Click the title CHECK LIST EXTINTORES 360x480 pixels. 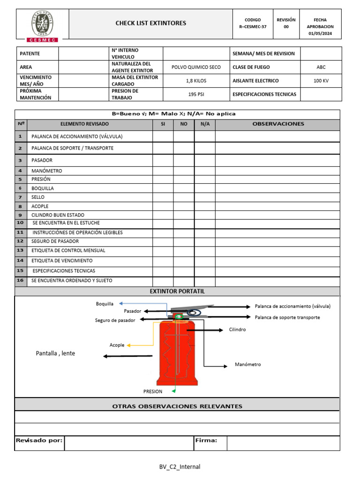coord(150,23)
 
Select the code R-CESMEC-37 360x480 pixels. coord(252,27)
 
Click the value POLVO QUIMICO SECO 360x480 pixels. coord(196,67)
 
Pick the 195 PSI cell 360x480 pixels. coord(196,94)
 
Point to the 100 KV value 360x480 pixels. coord(321,81)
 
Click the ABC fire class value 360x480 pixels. coord(321,67)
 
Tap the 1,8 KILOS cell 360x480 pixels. coord(196,81)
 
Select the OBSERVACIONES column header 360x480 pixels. coord(278,124)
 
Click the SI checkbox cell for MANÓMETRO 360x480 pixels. coord(163,171)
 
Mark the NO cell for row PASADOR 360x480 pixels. coord(184,160)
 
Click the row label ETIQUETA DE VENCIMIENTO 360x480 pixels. coord(62,261)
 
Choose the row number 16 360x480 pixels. coord(20,280)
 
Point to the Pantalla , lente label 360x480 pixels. coord(55,353)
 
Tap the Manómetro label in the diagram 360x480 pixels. coord(247,364)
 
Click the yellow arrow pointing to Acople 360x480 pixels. coord(141,345)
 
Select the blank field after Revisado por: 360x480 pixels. coord(128,443)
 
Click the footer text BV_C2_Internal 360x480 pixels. coord(180,466)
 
